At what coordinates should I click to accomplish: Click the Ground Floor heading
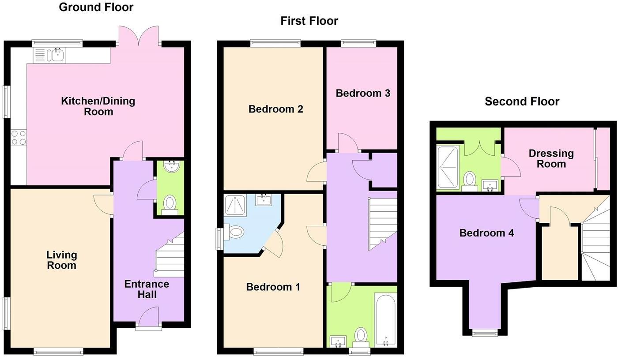(96, 7)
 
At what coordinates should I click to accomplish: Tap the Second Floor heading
(522, 101)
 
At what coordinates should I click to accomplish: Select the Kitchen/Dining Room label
(98, 106)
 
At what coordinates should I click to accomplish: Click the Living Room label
(62, 260)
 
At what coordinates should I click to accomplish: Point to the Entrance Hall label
(147, 289)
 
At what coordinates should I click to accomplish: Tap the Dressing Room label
(551, 158)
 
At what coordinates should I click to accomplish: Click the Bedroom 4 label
(486, 232)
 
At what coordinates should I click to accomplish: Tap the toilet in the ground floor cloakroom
(170, 205)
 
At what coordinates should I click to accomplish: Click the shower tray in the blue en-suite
(237, 205)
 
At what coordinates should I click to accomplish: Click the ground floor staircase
(170, 256)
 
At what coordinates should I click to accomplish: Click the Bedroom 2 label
(275, 109)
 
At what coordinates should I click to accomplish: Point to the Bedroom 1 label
(273, 287)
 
